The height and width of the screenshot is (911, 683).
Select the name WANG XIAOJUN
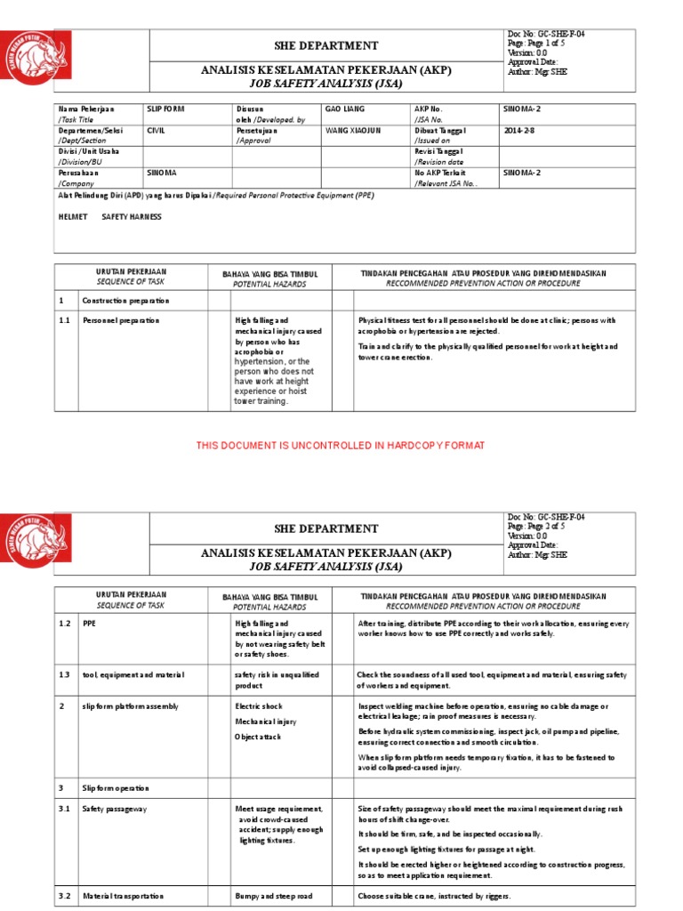(352, 130)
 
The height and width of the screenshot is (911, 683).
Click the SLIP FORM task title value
(167, 109)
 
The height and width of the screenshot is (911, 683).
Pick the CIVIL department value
(157, 130)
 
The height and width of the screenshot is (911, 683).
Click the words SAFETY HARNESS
(132, 217)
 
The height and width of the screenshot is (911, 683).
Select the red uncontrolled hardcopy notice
(341, 446)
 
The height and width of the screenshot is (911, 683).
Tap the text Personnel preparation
(122, 319)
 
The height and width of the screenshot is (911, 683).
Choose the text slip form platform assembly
(131, 706)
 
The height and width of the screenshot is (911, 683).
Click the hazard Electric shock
(258, 706)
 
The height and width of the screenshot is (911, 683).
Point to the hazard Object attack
(258, 738)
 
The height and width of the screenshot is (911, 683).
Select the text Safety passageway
(117, 809)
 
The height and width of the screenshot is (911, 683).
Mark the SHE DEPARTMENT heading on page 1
(326, 45)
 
